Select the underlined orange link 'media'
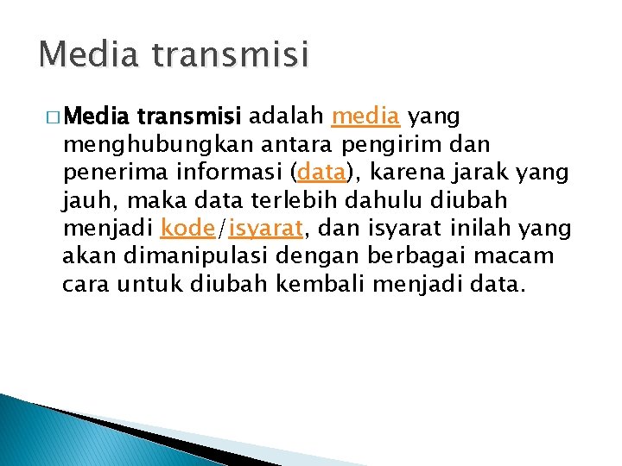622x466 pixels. pos(365,115)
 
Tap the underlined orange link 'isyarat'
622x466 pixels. pos(265,230)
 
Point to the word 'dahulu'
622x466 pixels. pos(383,200)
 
